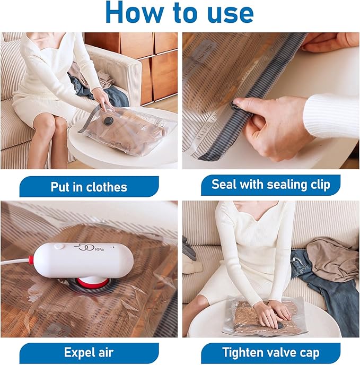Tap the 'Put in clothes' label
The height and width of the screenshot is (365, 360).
(89, 187)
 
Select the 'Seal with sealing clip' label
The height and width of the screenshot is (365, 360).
(270, 185)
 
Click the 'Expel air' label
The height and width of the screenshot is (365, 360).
(89, 352)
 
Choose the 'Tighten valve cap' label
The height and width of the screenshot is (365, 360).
(270, 352)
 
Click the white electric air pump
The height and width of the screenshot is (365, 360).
(74, 260)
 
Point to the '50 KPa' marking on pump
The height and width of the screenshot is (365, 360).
(85, 248)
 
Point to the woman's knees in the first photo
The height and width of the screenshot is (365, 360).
(50, 125)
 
